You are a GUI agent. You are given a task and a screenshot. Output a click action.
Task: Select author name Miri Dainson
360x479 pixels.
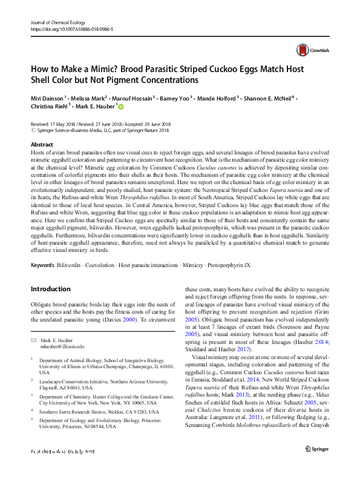coord(48,97)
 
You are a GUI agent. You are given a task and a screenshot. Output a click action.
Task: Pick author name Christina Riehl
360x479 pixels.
coord(50,107)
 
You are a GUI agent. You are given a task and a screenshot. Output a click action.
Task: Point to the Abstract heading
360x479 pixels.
coord(42,145)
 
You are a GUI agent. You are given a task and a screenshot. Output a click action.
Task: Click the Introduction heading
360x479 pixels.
coord(50,289)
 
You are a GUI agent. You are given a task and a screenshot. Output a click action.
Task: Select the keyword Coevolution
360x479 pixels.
coord(101,266)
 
